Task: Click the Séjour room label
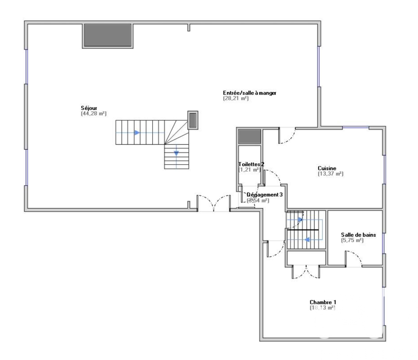click(89, 108)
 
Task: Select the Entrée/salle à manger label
click(250, 93)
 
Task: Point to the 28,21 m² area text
click(236, 99)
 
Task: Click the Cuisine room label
click(327, 168)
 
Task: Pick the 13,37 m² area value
click(330, 174)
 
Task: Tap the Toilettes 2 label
click(251, 165)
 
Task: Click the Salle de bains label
click(358, 235)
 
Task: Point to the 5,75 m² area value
click(353, 240)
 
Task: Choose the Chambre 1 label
click(323, 302)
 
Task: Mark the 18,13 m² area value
click(322, 308)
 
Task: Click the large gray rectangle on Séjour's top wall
click(108, 35)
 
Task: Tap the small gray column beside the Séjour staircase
click(192, 120)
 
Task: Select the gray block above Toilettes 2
click(250, 136)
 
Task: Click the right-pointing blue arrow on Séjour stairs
click(137, 132)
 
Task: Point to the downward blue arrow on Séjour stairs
click(176, 153)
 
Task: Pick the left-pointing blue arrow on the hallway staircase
click(307, 240)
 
